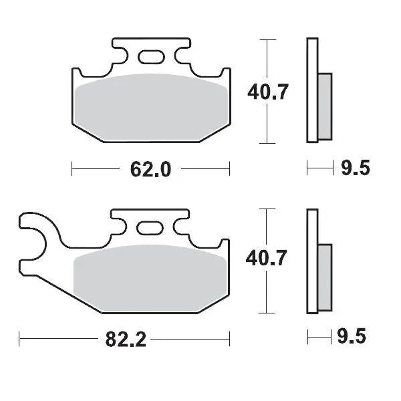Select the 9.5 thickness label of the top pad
355,168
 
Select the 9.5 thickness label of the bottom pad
355,338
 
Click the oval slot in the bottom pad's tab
149,228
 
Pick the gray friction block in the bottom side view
323,277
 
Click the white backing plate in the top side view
311,90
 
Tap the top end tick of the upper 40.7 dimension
267,39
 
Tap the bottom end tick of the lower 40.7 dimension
267,313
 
